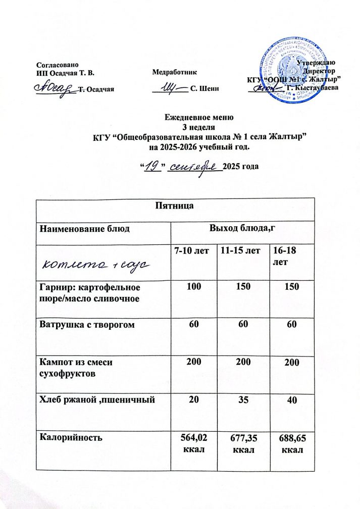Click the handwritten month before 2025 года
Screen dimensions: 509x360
(x=194, y=166)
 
